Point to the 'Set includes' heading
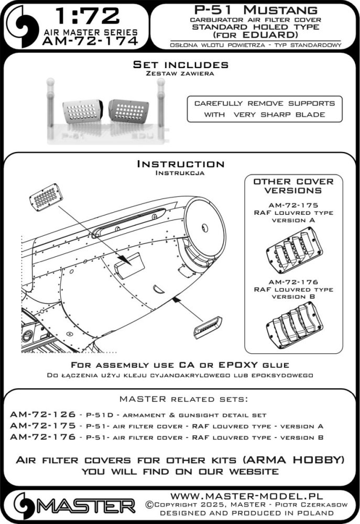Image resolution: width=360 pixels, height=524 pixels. pos(180,65)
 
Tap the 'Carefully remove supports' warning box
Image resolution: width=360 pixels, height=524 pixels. pos(264,109)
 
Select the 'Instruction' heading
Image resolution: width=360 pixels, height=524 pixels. pos(180,165)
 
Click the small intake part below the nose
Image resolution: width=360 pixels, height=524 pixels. pos(209,330)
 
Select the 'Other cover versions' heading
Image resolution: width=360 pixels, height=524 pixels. pos(293,186)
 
